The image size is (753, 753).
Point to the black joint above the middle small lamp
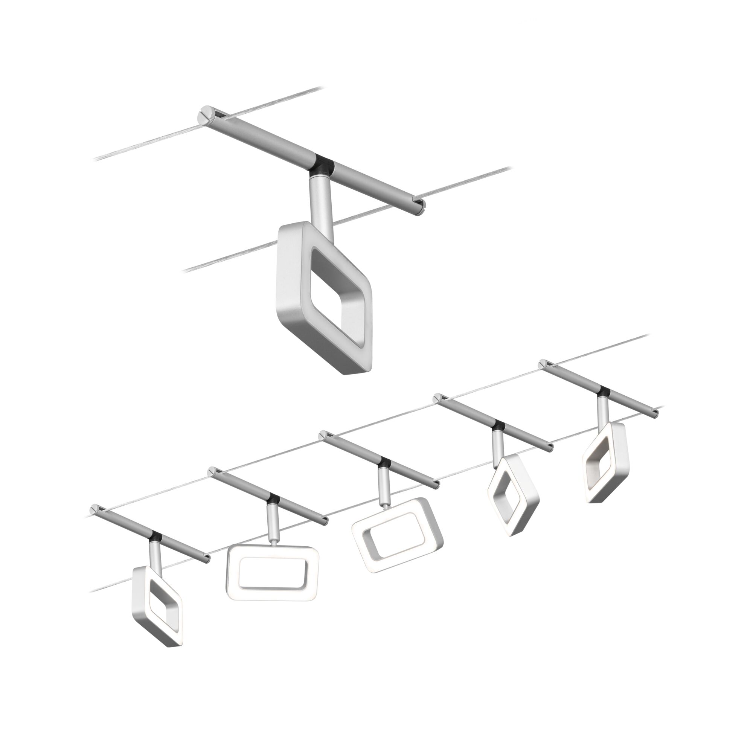point(385,463)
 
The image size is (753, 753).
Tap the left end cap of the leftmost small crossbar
point(95,509)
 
